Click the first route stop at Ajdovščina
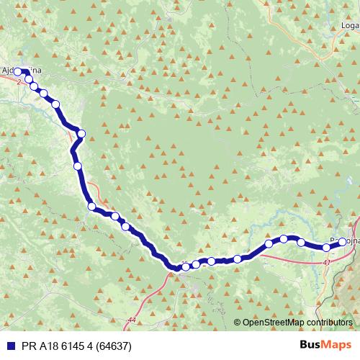coord(18,72)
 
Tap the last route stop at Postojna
coord(341,243)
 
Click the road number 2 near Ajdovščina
coord(17,83)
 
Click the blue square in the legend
coord(8,345)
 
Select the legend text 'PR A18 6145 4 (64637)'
coord(81,345)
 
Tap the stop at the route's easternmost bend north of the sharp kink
coord(81,133)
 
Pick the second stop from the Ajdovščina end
coord(34,86)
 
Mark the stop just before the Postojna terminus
coord(326,248)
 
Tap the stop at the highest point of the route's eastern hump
coord(284,238)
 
